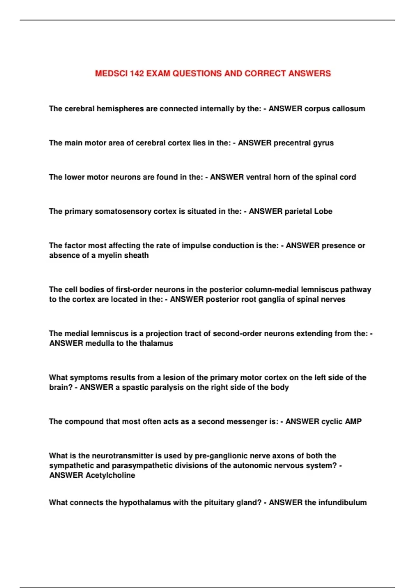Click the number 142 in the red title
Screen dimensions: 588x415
pos(137,73)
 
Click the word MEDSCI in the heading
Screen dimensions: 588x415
pos(111,73)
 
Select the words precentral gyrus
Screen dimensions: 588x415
pos(304,143)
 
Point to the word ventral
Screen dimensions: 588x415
pos(258,177)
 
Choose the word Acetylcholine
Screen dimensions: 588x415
pos(110,475)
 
